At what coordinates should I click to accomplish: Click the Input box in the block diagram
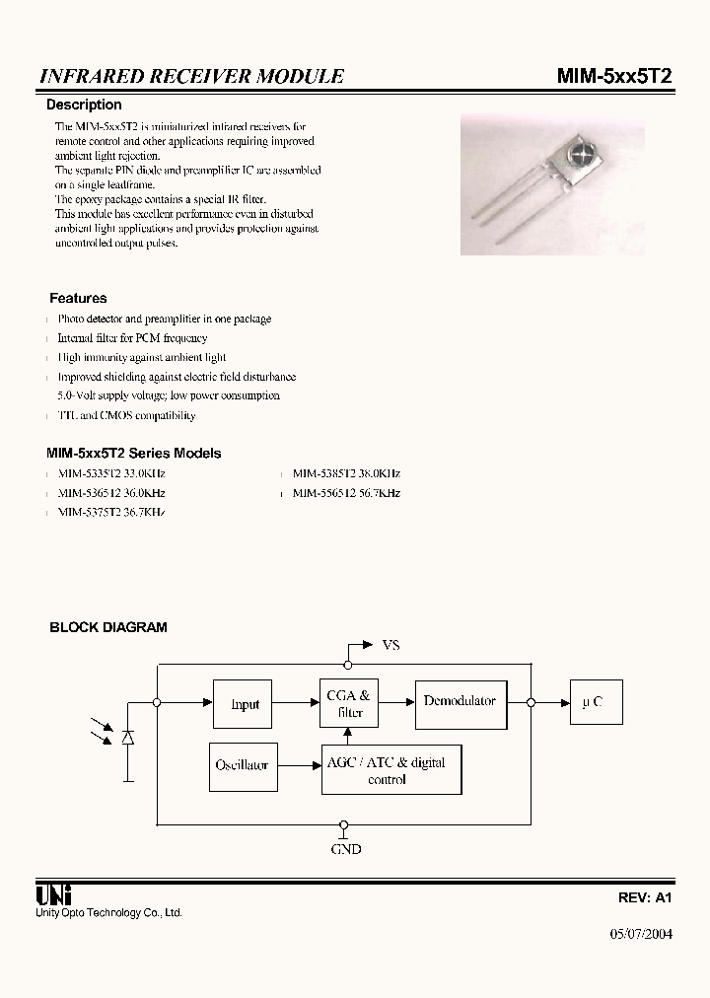coord(244,704)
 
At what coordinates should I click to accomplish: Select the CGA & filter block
coord(349,704)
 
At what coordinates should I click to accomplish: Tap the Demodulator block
coord(460,702)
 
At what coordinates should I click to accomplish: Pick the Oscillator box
coord(242,765)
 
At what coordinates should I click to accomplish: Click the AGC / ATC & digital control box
coord(391,770)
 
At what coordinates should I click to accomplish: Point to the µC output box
coord(592,703)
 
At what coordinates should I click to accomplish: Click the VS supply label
coord(390,645)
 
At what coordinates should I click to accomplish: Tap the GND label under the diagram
coord(345,848)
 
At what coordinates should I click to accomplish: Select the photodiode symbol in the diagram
coord(127,738)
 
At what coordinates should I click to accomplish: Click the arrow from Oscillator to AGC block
coord(297,765)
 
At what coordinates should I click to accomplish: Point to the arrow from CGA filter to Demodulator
coord(396,702)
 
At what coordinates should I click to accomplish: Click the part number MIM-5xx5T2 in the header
coord(615,77)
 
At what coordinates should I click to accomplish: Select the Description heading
coord(85,105)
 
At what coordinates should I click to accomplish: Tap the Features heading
coord(78,298)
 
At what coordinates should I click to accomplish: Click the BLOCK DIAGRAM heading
coord(108,627)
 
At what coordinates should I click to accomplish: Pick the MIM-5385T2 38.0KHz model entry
coord(346,473)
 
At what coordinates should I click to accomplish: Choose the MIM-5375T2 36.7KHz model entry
coord(110,513)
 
